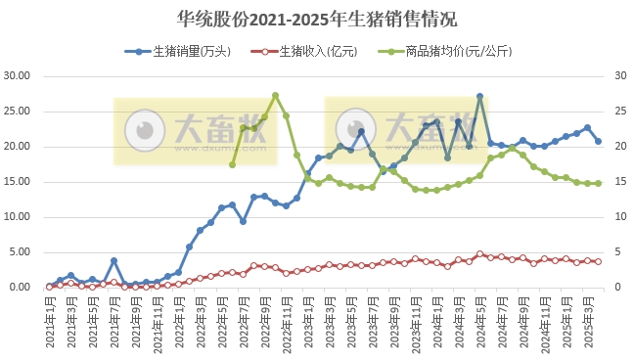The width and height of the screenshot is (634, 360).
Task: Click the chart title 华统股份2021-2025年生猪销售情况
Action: click(x=316, y=19)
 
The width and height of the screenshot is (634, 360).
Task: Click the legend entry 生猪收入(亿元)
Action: click(x=304, y=51)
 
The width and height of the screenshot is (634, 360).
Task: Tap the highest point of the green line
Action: click(x=275, y=95)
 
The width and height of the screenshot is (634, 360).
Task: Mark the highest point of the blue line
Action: click(x=479, y=96)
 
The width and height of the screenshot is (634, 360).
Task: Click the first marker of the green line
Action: click(x=232, y=164)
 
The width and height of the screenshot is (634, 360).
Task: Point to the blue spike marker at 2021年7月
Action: click(x=113, y=260)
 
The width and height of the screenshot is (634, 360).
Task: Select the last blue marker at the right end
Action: click(x=598, y=141)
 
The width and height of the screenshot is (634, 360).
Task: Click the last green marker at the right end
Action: click(x=598, y=183)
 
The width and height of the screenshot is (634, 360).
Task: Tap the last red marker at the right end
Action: click(x=598, y=261)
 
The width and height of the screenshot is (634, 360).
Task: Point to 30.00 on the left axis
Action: click(x=19, y=75)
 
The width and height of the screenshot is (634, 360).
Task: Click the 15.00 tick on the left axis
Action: click(x=19, y=181)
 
